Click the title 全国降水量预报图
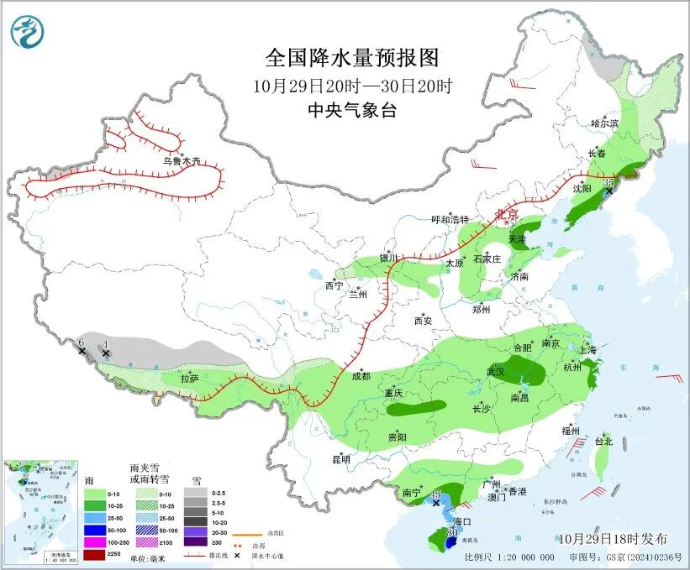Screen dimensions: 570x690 pyautogui.click(x=352, y=58)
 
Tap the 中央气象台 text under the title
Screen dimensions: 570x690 pyautogui.click(x=352, y=110)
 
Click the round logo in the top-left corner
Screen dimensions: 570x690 pyautogui.click(x=28, y=33)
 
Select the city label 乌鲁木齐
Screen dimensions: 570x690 pyautogui.click(x=182, y=161)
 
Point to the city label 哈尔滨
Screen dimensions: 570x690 pyautogui.click(x=603, y=123)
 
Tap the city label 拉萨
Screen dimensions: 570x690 pyautogui.click(x=189, y=379)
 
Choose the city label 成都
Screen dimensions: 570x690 pyautogui.click(x=361, y=377)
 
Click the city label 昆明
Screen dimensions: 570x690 pyautogui.click(x=340, y=459)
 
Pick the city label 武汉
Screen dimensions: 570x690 pyautogui.click(x=495, y=371)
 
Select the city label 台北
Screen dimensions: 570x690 pyautogui.click(x=603, y=441)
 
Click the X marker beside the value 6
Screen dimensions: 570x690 pyautogui.click(x=82, y=351)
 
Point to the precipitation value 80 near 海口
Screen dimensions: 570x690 pyautogui.click(x=451, y=531)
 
